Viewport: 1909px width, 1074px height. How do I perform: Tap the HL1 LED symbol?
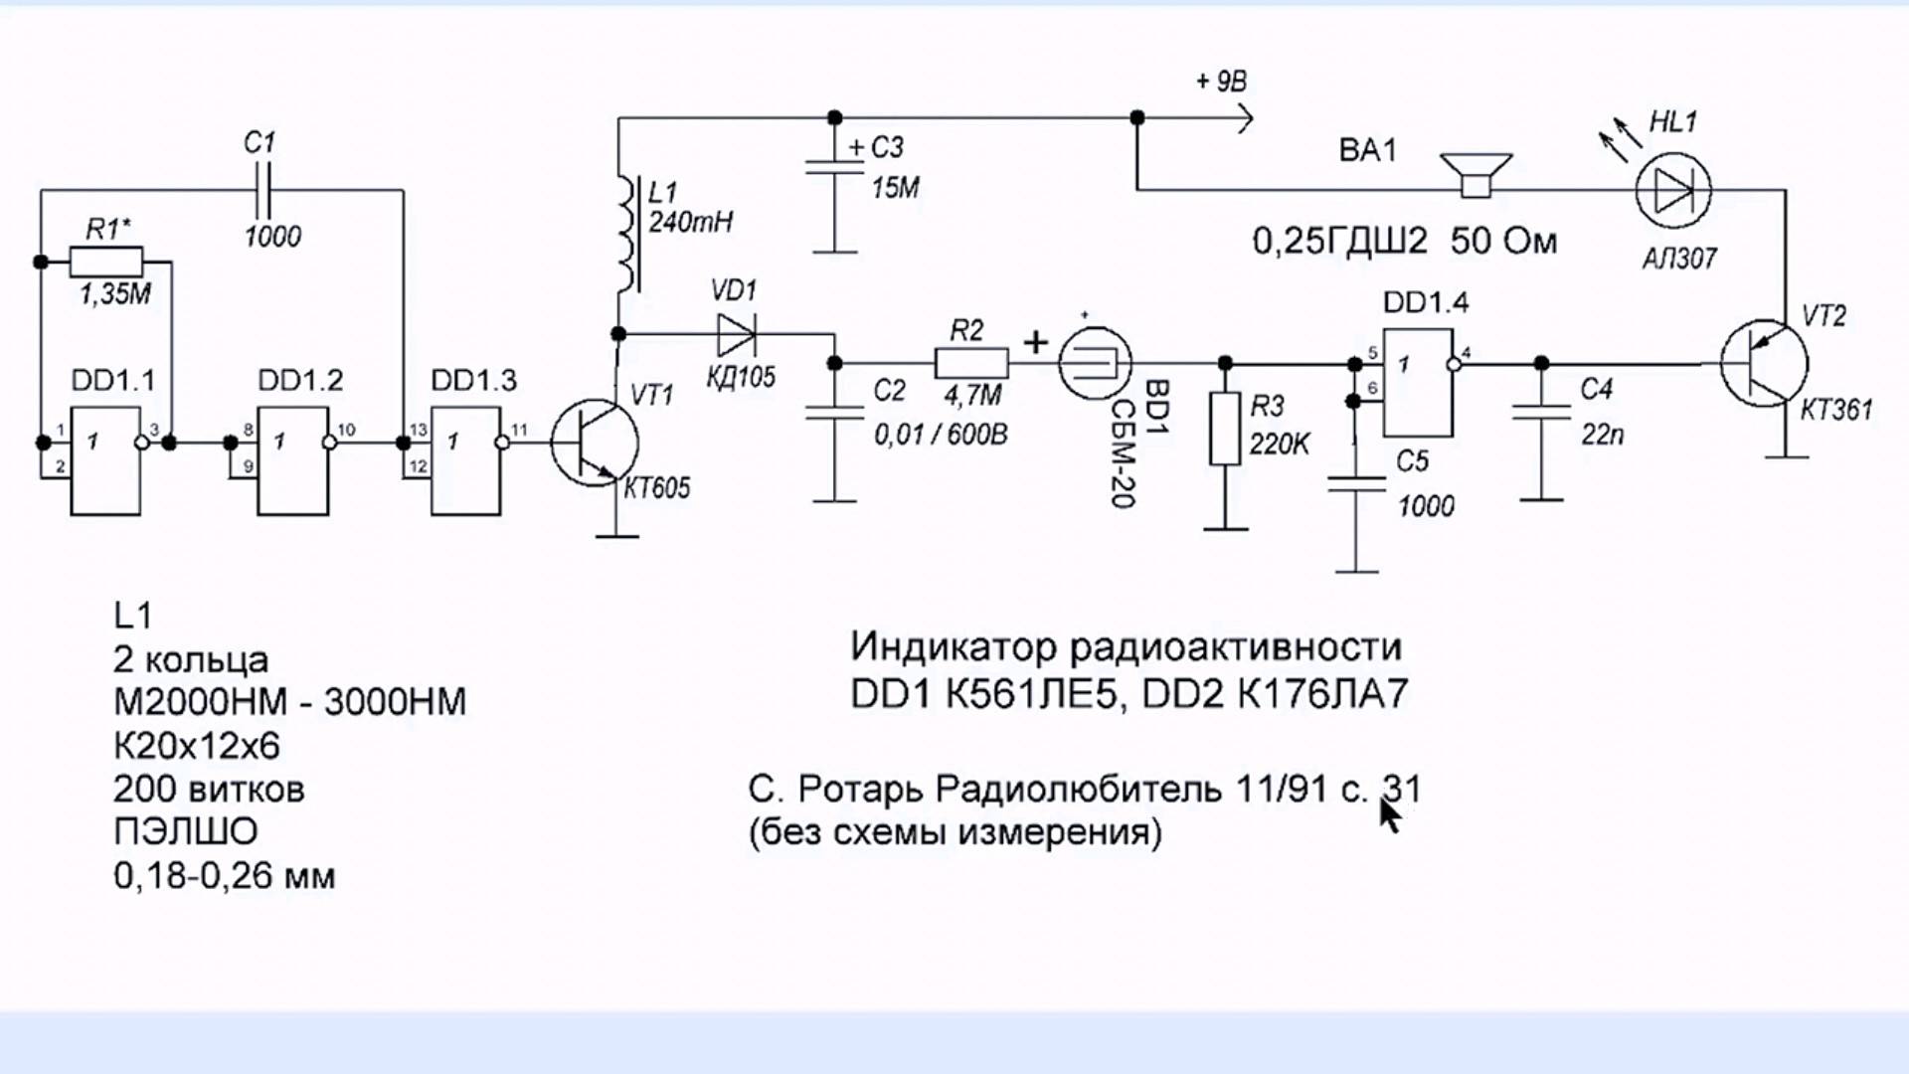coord(1673,189)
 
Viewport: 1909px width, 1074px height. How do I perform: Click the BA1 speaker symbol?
coord(1476,176)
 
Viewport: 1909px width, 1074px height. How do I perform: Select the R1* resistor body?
coord(106,263)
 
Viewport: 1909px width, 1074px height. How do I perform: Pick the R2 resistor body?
coord(971,364)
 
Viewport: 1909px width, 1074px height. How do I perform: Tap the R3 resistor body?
coord(1225,429)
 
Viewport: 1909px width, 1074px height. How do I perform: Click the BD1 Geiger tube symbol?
coord(1094,364)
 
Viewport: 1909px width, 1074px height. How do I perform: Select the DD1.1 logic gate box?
coord(105,460)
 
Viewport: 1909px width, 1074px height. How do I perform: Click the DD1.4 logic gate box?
coord(1418,383)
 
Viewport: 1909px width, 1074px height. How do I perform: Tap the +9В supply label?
coord(1221,82)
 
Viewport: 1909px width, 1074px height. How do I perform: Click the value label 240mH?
coord(690,222)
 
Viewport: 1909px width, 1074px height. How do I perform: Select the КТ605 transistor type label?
coord(656,488)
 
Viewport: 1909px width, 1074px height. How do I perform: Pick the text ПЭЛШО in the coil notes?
coord(186,831)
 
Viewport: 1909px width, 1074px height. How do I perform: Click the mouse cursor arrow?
coord(1389,814)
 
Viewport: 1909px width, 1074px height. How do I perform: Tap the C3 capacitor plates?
coord(834,167)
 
